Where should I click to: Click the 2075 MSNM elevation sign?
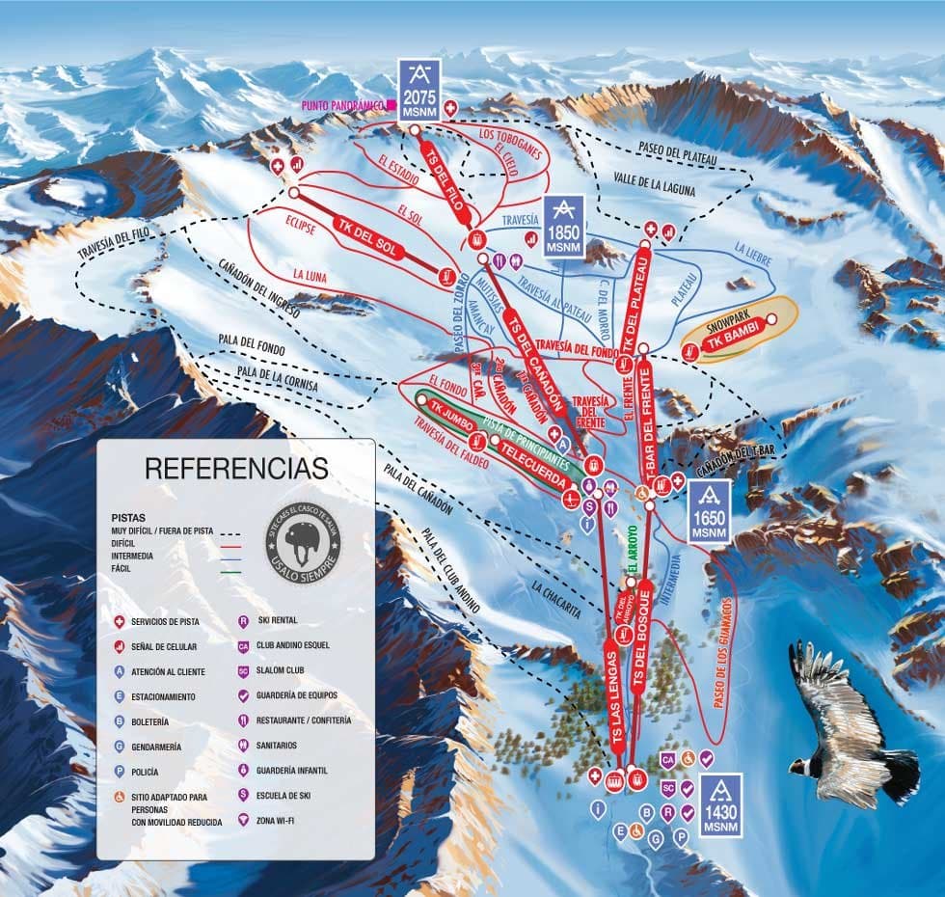point(418,88)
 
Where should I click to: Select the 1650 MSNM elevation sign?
point(709,512)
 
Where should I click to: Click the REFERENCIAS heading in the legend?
point(236,469)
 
